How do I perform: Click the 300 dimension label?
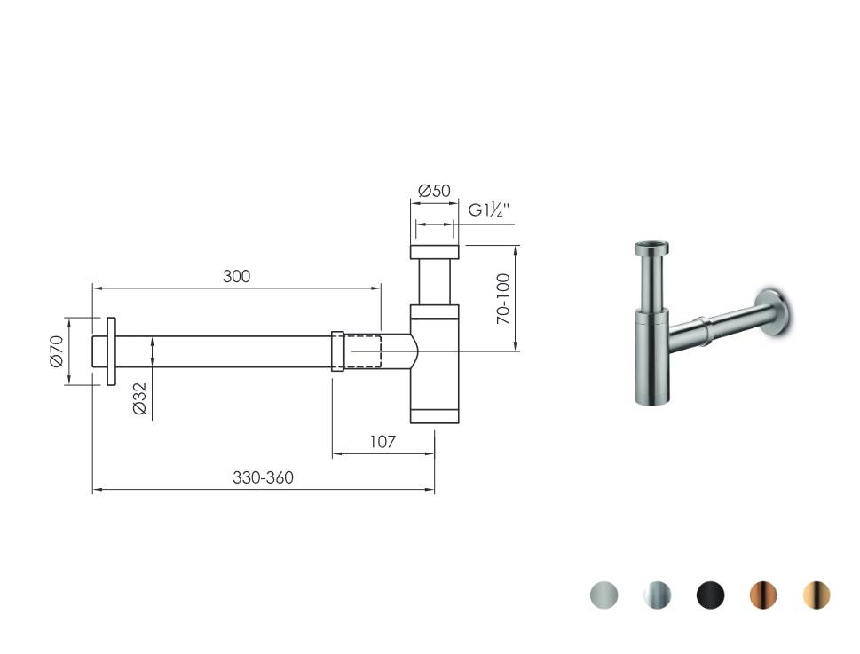point(236,276)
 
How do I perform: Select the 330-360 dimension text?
point(263,477)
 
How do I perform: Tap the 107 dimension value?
point(383,442)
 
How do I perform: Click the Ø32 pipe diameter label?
point(139,398)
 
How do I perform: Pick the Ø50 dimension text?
point(434,191)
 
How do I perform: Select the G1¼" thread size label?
point(489,211)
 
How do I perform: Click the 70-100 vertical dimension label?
point(504,298)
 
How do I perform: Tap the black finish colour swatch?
point(710,595)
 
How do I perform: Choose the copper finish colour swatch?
point(763,595)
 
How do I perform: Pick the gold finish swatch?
point(817,595)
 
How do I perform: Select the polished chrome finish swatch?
point(657,595)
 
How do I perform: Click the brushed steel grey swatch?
point(604,595)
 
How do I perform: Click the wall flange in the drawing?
point(111,351)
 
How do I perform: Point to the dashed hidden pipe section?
point(363,351)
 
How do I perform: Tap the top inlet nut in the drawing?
point(435,251)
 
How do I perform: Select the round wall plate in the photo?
point(777,311)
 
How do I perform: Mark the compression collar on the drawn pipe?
point(337,351)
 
